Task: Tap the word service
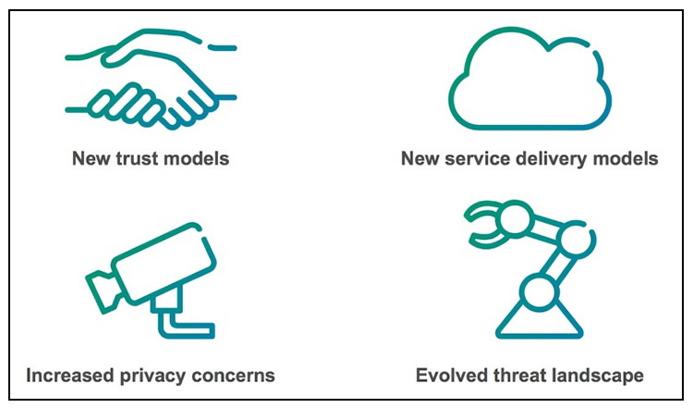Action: pos(476,159)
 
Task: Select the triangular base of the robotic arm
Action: pos(535,320)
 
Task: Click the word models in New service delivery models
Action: pos(630,159)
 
